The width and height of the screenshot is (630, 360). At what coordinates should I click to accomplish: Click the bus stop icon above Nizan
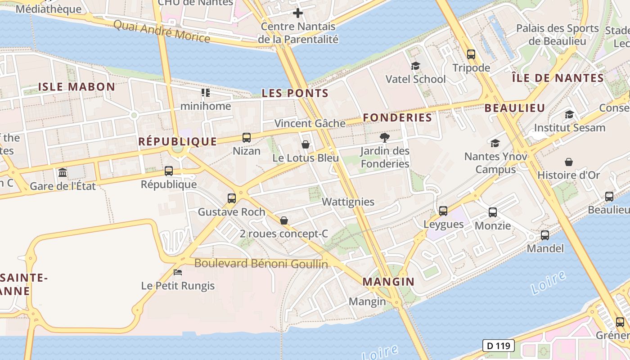247,138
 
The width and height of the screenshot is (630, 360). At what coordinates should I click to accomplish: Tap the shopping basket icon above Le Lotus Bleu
306,144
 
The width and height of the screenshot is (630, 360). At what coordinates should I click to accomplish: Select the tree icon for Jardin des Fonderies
384,137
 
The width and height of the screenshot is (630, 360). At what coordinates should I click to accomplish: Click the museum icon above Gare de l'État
63,172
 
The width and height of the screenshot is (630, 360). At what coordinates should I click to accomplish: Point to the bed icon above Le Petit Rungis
178,272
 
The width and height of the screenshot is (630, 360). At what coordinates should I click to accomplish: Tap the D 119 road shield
498,346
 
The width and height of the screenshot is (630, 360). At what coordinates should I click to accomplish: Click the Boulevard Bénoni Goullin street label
261,263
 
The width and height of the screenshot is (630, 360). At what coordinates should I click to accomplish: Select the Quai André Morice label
162,31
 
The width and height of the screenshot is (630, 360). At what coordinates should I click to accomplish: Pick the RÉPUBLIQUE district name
177,141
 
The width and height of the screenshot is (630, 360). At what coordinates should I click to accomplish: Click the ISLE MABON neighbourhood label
76,87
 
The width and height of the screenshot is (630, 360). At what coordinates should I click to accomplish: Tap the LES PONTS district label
295,93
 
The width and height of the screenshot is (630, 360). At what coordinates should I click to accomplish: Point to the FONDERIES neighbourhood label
397,117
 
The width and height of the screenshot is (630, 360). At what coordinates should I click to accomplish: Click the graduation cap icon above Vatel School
415,66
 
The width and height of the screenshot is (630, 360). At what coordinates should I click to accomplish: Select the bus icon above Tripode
471,54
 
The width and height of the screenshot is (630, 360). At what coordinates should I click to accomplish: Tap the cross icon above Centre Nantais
297,13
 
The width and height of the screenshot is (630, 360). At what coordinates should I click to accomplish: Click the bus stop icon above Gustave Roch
231,198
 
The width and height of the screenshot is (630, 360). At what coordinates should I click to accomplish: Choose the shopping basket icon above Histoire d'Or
569,162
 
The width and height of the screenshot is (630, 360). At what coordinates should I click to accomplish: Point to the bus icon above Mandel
545,235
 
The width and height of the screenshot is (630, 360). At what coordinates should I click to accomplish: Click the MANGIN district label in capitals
388,282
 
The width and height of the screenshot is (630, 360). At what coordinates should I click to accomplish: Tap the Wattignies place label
348,202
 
